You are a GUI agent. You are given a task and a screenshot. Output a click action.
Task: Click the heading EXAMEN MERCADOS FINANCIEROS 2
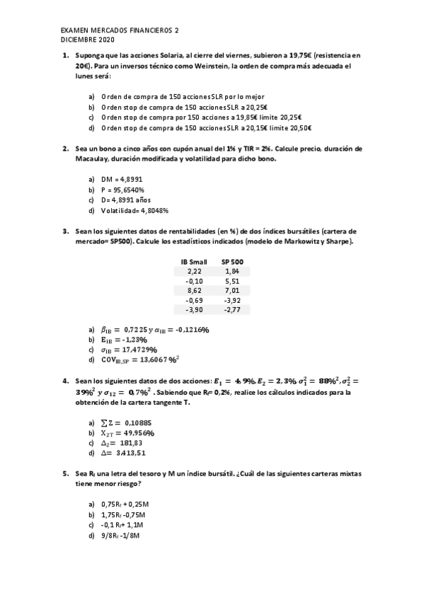[120, 31]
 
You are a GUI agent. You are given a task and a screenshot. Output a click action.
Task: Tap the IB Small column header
[194, 261]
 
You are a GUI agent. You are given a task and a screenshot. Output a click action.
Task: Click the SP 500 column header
[232, 261]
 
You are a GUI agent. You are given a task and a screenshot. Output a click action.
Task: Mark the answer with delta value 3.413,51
[123, 453]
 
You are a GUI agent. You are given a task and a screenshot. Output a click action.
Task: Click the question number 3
[64, 231]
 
